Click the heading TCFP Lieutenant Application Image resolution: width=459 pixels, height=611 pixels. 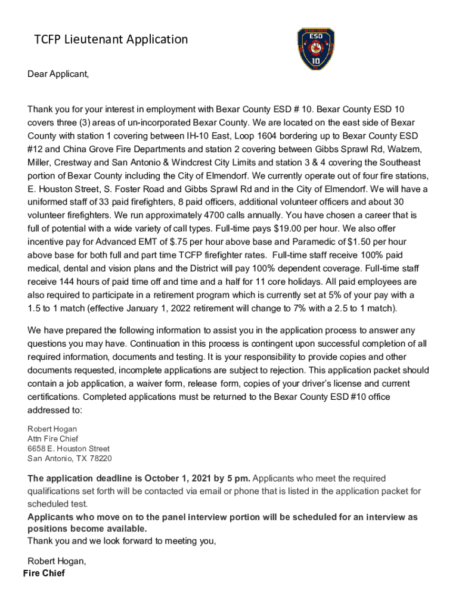tap(111, 39)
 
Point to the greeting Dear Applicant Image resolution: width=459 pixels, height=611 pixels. tap(58, 75)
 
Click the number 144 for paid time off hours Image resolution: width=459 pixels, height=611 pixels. tap(70, 282)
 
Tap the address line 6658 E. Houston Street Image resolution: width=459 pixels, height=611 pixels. tap(69, 449)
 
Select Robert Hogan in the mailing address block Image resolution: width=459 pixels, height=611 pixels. tap(52, 429)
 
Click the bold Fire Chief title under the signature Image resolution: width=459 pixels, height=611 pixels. tap(44, 573)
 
